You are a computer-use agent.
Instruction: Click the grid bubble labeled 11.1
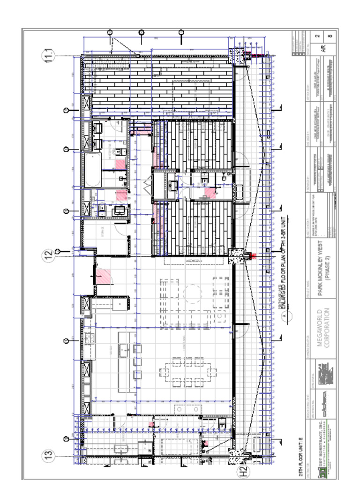[49, 55]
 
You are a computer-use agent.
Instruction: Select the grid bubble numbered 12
[49, 255]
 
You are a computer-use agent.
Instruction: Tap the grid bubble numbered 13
[49, 455]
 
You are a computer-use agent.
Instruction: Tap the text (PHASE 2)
[328, 266]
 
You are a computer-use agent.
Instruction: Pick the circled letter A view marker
[284, 315]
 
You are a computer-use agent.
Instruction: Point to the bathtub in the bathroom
[92, 169]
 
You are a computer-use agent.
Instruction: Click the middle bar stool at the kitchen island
[137, 361]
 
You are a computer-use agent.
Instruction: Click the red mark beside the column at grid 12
[254, 256]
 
